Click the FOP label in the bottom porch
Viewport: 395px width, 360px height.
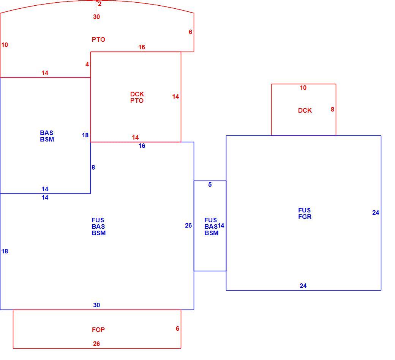point(98,330)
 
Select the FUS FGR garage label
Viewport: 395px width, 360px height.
point(305,213)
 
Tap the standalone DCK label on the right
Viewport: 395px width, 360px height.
point(305,110)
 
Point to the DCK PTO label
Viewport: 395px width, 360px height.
point(137,97)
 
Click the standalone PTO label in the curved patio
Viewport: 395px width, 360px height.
point(98,39)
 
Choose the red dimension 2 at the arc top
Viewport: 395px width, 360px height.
point(100,4)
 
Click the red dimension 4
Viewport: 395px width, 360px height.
point(87,64)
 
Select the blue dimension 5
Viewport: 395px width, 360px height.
point(210,184)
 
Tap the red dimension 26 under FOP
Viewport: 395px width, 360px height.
point(96,344)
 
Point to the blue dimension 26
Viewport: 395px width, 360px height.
point(188,225)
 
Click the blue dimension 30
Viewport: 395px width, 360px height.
point(96,305)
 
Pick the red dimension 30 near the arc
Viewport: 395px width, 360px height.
point(96,17)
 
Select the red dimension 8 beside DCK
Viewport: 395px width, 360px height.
point(333,109)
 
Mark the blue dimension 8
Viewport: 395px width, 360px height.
point(93,167)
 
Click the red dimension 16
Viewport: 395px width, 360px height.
point(142,47)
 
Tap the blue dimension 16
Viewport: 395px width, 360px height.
point(142,146)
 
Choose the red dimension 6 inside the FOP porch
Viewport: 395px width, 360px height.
point(178,329)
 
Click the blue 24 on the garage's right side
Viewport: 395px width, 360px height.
point(376,212)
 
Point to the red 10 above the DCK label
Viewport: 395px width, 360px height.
point(303,88)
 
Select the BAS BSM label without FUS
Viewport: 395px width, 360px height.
point(47,136)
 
